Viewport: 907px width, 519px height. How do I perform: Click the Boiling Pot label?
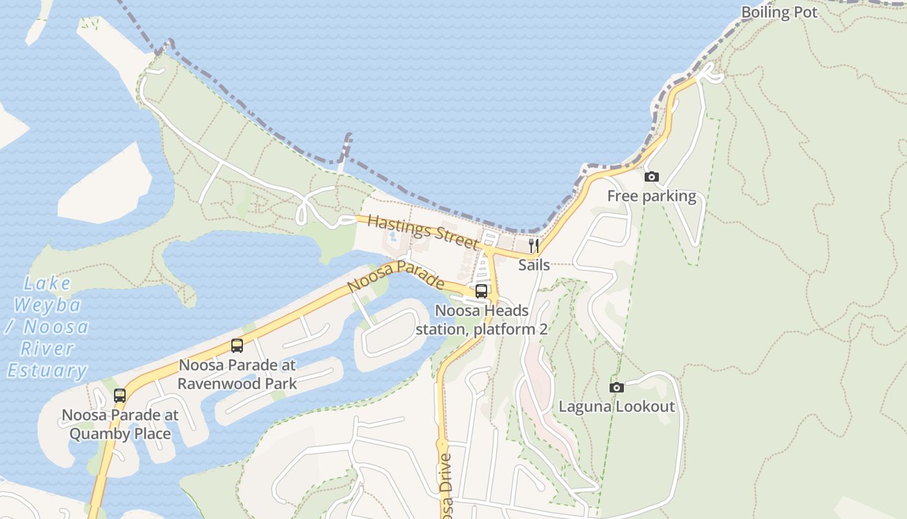[779, 12]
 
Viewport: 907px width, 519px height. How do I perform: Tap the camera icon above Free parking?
[651, 176]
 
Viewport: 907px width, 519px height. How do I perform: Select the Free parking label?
[651, 196]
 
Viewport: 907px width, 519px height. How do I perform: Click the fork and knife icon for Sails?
[534, 246]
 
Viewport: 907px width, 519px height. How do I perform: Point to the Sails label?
[534, 265]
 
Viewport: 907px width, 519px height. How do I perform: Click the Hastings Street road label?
[423, 231]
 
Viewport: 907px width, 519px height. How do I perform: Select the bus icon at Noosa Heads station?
[481, 291]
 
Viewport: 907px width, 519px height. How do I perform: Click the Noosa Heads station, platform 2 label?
[481, 320]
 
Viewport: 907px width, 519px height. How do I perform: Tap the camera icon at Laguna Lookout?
[617, 387]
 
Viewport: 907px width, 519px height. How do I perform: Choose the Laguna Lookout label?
[617, 407]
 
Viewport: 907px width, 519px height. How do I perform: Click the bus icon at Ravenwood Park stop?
[237, 346]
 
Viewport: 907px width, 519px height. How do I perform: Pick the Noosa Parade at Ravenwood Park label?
[237, 374]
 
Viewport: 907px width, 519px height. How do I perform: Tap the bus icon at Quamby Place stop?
[120, 395]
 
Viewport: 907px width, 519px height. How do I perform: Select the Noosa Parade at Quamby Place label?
[120, 424]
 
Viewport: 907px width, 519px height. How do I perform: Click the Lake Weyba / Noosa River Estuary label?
[47, 327]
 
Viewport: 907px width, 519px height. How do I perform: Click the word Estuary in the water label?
[47, 370]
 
